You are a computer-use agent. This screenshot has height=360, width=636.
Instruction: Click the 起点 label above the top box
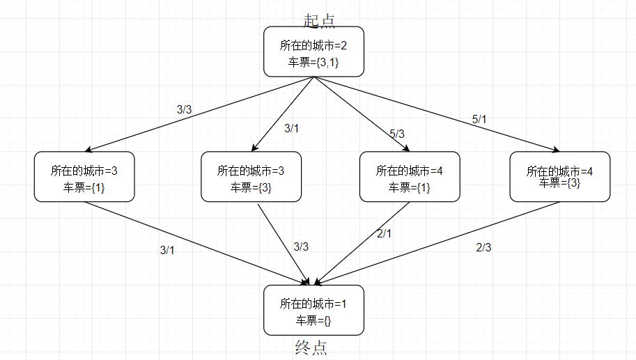click(x=319, y=20)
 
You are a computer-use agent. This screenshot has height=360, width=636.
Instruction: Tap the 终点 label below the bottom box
click(x=311, y=347)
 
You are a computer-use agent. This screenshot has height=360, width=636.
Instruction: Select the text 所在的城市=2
click(x=313, y=46)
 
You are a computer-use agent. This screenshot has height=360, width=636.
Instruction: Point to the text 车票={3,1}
click(x=313, y=62)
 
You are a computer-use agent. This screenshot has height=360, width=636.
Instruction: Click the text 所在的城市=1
click(x=313, y=304)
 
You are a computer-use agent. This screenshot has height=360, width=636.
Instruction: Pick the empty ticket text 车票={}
click(x=313, y=320)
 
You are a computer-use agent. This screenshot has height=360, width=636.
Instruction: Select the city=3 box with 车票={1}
click(x=84, y=177)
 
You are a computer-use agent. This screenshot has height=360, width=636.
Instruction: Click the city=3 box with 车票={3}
click(x=251, y=177)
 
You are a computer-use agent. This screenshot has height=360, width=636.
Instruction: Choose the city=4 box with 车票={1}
click(x=410, y=177)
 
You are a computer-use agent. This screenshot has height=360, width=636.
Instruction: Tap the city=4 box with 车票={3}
click(x=559, y=177)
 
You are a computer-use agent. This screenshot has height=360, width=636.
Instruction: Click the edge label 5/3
click(x=397, y=133)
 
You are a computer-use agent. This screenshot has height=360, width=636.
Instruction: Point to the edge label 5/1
click(x=479, y=120)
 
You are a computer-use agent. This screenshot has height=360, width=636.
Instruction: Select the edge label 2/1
click(x=384, y=234)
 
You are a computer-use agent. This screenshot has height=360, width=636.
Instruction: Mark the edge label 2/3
click(x=484, y=246)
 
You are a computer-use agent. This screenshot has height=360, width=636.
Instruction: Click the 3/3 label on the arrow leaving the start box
click(x=184, y=109)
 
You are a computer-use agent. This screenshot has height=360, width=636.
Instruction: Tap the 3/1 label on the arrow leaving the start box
click(x=291, y=128)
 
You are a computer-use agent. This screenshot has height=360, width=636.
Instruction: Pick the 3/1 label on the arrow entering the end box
click(x=167, y=251)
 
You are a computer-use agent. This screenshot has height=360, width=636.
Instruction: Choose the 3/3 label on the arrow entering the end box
click(x=301, y=246)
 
